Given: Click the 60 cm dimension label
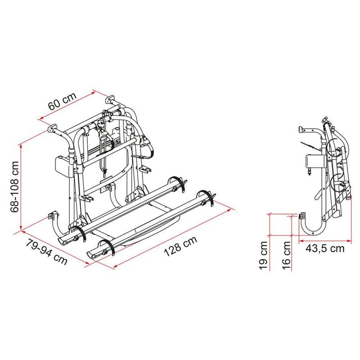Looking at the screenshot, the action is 62,101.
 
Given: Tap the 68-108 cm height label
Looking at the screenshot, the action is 14,187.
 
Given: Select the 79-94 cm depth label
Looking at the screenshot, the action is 47,252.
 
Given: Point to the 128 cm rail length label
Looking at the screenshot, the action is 181,246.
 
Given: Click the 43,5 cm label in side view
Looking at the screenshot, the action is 325,248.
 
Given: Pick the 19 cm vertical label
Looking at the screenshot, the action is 263,256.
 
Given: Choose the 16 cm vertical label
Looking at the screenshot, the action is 286,256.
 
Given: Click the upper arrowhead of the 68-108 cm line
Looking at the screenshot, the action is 21,146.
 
